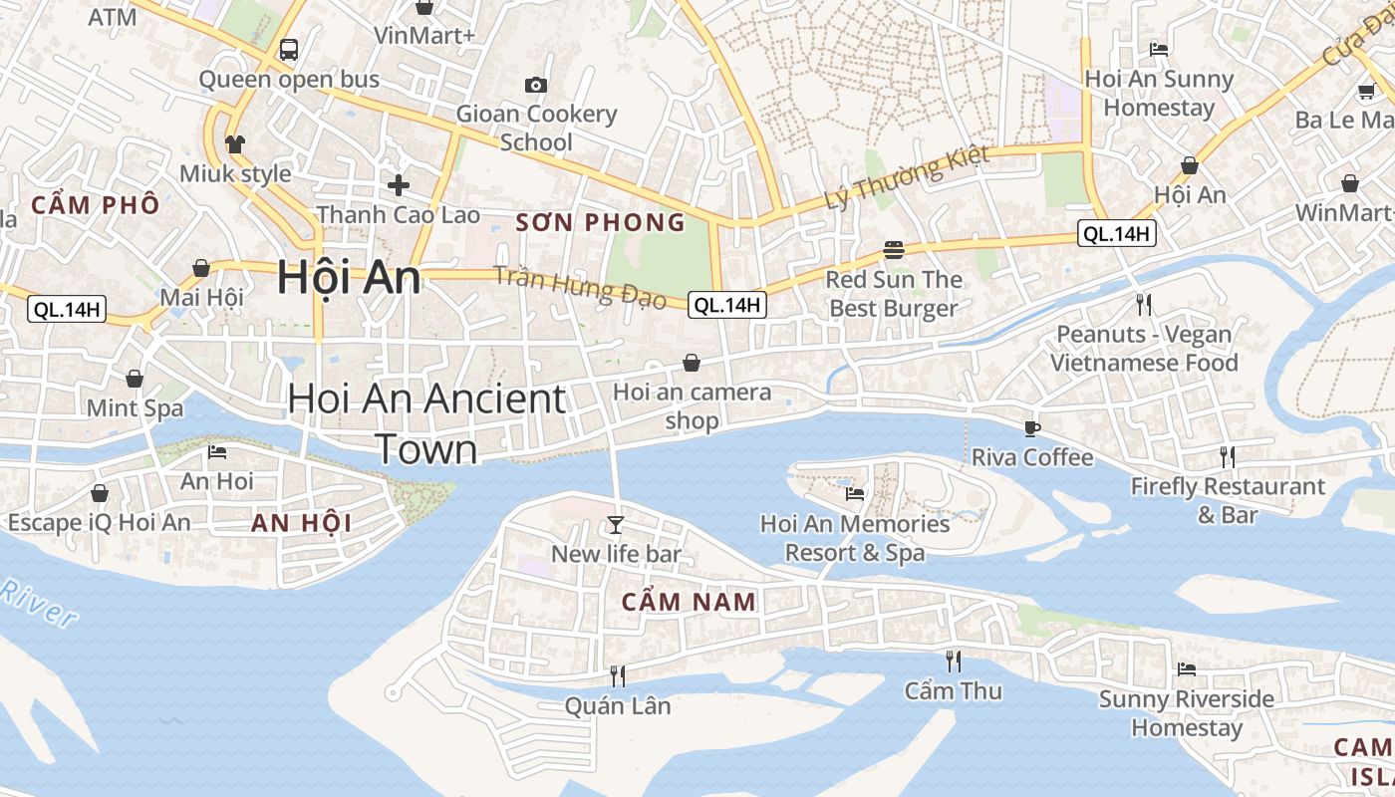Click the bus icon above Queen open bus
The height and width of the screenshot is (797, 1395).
(289, 49)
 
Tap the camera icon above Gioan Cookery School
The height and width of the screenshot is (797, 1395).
(536, 85)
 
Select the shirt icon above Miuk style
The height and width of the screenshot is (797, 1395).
(235, 144)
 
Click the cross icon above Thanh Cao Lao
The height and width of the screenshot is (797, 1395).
(399, 184)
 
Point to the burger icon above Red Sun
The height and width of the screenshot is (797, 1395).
(893, 249)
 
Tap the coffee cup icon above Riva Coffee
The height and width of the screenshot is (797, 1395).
(1032, 428)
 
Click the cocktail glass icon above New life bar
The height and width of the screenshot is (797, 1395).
(616, 524)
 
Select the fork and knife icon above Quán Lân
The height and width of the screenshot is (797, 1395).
(618, 676)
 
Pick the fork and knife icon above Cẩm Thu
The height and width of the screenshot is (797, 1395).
(954, 661)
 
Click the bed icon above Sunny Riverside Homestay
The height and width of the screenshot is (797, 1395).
(1186, 668)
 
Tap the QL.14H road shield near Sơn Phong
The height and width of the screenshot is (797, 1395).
(728, 305)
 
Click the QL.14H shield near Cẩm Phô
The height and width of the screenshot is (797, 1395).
(67, 309)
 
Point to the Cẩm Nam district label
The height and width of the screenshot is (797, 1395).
(690, 602)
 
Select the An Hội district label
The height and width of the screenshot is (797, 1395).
(301, 523)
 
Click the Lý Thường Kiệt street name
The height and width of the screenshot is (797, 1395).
(907, 177)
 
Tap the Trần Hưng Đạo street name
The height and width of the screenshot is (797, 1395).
(580, 288)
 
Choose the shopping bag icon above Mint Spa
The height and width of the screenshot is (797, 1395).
(135, 379)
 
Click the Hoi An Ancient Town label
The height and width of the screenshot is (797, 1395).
(426, 423)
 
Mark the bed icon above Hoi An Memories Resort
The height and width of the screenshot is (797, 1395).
(854, 493)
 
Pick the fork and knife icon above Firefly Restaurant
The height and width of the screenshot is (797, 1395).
(1228, 457)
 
